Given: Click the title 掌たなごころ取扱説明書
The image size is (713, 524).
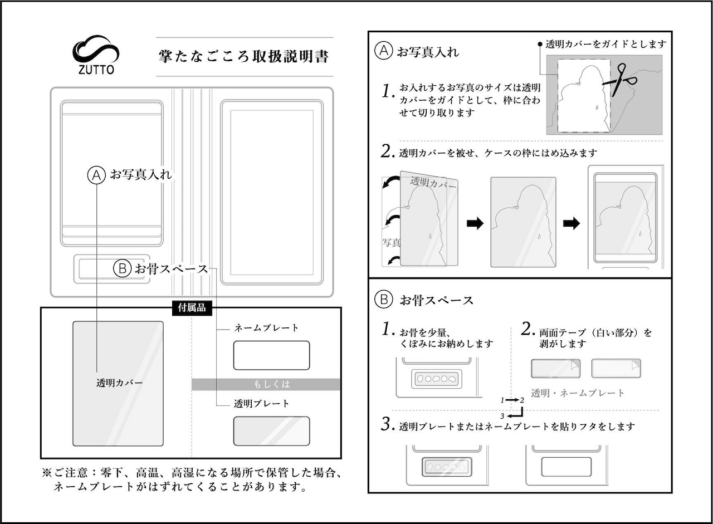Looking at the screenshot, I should [243, 57].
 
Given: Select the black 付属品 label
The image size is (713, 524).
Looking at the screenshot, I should [192, 308].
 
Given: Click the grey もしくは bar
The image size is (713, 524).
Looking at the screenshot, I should [266, 384].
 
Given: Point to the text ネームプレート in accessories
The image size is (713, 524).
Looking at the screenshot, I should [266, 328].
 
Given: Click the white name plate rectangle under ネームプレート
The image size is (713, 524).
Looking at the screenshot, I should [271, 355].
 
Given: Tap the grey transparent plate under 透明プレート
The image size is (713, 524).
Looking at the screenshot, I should [271, 430].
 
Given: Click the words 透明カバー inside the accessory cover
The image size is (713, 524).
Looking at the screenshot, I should [119, 383].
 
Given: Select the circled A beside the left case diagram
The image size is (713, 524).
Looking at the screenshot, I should [96, 175].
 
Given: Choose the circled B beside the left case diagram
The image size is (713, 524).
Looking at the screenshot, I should [121, 269].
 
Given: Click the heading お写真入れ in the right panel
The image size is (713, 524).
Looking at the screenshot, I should [427, 52].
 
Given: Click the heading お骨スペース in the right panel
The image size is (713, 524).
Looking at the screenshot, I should [436, 300].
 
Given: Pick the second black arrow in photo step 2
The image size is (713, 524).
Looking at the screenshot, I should [571, 223].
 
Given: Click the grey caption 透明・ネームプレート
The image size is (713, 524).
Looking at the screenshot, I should [578, 393].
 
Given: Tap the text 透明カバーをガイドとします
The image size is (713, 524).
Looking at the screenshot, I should [605, 44].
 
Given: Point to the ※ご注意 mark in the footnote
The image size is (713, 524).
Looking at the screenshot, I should [47, 473].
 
